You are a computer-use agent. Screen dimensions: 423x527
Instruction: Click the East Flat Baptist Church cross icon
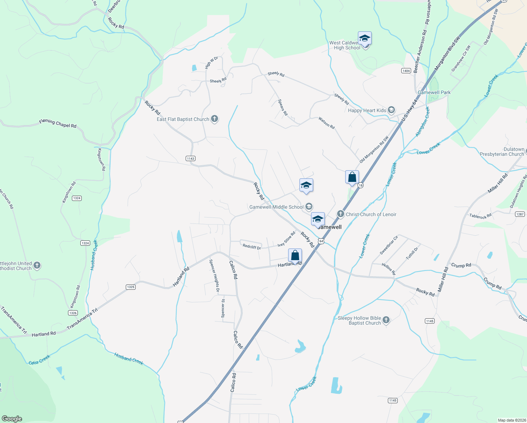pos(215,119)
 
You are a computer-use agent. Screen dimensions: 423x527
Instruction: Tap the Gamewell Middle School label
pos(276,207)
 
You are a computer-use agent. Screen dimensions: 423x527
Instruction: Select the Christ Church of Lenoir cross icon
pos(340,214)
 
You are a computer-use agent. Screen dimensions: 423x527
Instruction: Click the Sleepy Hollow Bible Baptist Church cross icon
pos(386,320)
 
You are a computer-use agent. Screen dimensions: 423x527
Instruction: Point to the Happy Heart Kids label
pos(367,110)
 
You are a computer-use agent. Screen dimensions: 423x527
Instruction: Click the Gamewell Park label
pos(434,92)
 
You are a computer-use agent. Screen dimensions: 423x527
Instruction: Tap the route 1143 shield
pos(191,159)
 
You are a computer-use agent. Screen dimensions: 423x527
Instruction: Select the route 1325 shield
pos(131,287)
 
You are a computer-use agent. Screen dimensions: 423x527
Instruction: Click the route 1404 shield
pos(406,71)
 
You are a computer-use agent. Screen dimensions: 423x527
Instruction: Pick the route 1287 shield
pos(520,214)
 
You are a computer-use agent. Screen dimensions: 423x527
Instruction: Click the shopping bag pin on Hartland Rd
pos(295,255)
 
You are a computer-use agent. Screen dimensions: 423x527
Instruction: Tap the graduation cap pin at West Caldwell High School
pos(365,38)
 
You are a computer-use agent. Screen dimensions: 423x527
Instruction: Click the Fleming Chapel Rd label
pos(58,123)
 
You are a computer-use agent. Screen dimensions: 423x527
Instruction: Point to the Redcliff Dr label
pos(252,247)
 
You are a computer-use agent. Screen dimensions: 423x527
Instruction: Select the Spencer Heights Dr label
pos(214,276)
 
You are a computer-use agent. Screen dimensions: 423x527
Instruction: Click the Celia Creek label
pos(39,360)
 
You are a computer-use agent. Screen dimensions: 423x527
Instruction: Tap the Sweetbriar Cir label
pos(389,245)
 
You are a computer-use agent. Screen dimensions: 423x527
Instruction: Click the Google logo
pos(12,419)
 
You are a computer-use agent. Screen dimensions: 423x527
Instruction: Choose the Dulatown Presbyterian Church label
pos(502,152)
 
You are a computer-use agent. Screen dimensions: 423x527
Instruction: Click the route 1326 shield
pos(73,313)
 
